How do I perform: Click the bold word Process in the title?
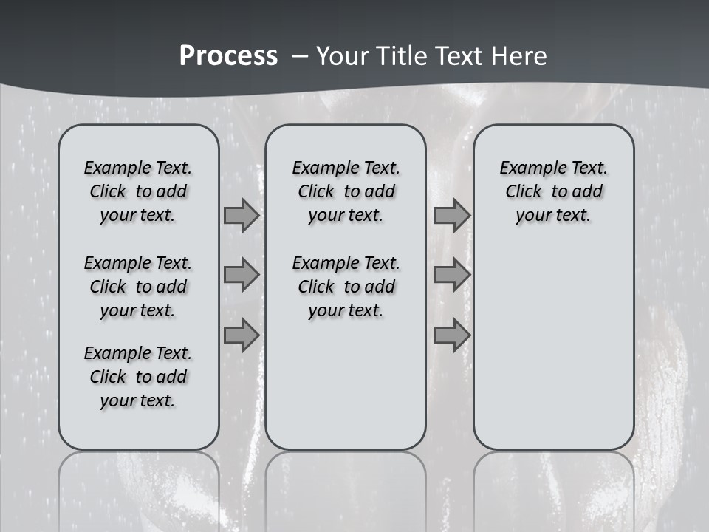[228, 56]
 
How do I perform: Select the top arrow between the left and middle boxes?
[242, 216]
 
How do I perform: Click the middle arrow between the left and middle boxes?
[242, 276]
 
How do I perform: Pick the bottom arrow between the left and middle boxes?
[242, 335]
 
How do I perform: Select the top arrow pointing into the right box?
[452, 216]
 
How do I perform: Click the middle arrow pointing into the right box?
[452, 276]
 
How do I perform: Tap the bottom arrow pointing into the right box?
[452, 335]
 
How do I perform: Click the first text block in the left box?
[138, 191]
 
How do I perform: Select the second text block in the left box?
[138, 287]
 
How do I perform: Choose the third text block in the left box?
[138, 377]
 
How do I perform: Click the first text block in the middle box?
[346, 191]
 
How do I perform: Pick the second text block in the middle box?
[346, 287]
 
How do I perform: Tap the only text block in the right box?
[553, 191]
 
